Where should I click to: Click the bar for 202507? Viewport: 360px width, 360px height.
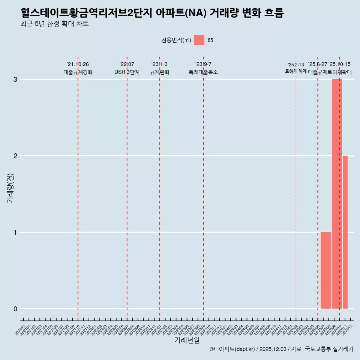(x=323, y=270)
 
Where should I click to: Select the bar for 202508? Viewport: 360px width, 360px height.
(x=328, y=270)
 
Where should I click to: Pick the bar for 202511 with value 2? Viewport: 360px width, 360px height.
(x=345, y=232)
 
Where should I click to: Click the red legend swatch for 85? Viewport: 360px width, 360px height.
(x=199, y=40)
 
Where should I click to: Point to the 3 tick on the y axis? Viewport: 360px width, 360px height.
(x=15, y=79)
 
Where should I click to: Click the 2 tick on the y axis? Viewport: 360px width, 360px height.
(x=15, y=156)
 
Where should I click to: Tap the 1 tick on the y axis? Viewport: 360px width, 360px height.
(x=15, y=232)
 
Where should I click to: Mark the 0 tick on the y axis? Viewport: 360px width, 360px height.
(x=15, y=309)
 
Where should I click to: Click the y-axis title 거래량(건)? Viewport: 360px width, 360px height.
(x=10, y=188)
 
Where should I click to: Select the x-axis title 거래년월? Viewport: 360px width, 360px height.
(x=187, y=340)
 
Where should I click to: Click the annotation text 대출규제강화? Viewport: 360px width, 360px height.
(x=78, y=72)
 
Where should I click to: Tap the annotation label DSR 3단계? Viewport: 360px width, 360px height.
(x=127, y=72)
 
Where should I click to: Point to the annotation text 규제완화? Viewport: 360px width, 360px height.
(x=160, y=72)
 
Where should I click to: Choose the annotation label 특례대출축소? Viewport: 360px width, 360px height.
(x=203, y=72)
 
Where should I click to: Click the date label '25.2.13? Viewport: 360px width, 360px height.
(x=296, y=64)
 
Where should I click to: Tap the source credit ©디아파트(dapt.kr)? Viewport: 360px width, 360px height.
(x=232, y=349)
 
